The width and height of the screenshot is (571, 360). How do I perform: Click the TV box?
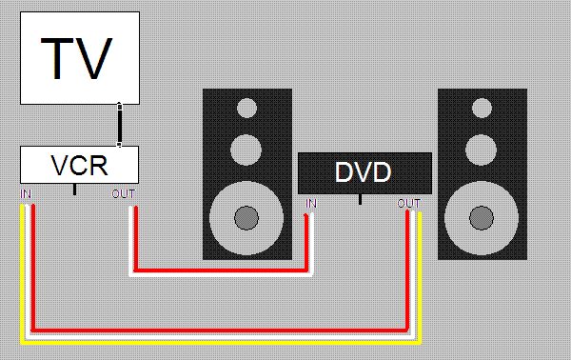[x=80, y=58]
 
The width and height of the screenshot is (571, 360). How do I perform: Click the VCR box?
[x=79, y=165]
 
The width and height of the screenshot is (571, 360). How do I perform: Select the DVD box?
[x=364, y=173]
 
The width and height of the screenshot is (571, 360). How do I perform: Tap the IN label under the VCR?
[x=26, y=194]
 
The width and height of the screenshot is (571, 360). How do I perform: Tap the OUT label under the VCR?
[x=124, y=194]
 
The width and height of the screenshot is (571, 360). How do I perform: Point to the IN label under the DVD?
[x=311, y=203]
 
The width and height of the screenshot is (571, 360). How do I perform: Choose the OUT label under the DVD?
[x=408, y=203]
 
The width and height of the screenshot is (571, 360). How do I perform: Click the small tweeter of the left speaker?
[x=246, y=109]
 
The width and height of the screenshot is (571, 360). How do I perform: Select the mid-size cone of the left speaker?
[x=246, y=150]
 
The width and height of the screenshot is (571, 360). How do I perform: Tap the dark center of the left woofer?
[x=246, y=218]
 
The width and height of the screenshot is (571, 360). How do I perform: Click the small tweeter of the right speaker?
[x=482, y=109]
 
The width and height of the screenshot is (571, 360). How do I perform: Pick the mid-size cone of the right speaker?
[x=481, y=150]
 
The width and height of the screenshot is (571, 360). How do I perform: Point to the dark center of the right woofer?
[x=482, y=218]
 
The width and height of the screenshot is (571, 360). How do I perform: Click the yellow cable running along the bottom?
[x=221, y=343]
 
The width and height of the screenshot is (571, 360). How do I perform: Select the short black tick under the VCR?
[x=74, y=190]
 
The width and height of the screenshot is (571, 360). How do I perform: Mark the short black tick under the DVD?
[x=360, y=199]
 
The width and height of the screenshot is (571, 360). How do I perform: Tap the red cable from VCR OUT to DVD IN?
[x=221, y=270]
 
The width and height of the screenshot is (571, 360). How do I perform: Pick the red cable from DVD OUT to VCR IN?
[x=220, y=330]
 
